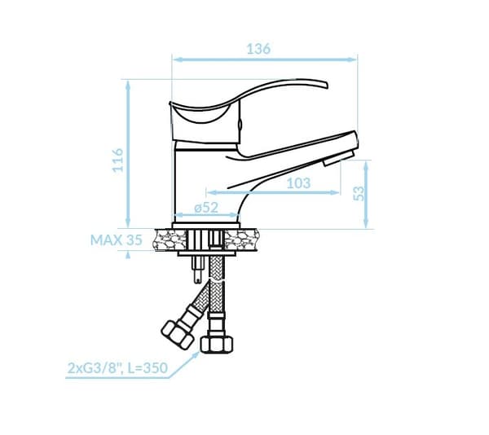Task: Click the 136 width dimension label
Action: pos(258,49)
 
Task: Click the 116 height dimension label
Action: pos(118,160)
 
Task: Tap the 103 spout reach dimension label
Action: pos(298,183)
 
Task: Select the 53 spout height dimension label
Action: pos(359,194)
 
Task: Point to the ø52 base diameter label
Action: pos(206,208)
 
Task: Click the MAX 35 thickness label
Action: pos(116,240)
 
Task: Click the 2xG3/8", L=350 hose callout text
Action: pos(117,368)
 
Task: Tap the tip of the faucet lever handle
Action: pos(327,86)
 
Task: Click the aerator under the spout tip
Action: pos(339,158)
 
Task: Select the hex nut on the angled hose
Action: pos(178,334)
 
